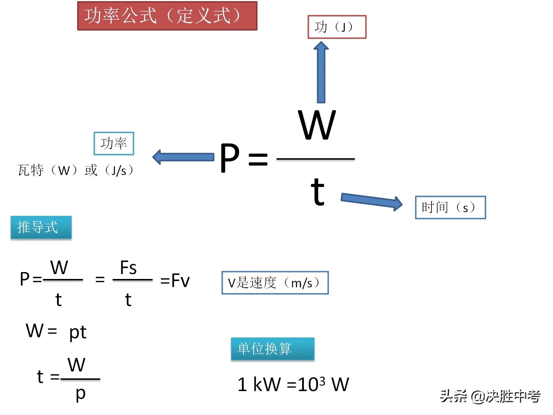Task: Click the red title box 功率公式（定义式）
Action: (167, 16)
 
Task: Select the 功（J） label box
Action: (337, 27)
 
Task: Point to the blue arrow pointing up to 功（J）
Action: (321, 72)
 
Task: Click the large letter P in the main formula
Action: (230, 158)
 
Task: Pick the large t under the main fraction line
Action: (318, 192)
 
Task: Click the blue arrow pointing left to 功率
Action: (183, 157)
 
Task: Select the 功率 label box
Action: (114, 144)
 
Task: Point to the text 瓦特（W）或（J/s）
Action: (75, 170)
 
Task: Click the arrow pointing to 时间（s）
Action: (372, 201)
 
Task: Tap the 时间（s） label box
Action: (450, 207)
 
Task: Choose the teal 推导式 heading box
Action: (41, 227)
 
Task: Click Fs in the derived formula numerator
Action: (128, 268)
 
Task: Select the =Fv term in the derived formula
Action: (175, 280)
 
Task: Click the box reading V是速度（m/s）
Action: (275, 283)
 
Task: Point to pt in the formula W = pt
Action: (78, 332)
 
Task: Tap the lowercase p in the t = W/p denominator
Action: (81, 394)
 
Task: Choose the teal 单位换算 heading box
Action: (272, 349)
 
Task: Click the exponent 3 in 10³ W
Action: (322, 381)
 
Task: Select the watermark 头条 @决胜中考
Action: (490, 396)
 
